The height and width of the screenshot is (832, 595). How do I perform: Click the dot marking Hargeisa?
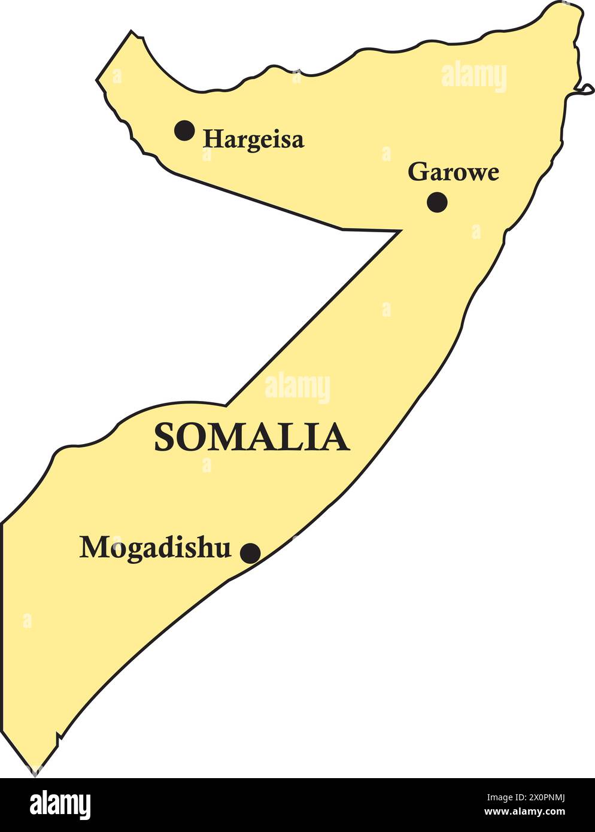point(184,130)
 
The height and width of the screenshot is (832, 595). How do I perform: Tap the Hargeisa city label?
point(253,139)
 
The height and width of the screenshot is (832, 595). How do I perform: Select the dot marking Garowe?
point(437,202)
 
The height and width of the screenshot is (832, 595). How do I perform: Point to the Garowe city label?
point(453,172)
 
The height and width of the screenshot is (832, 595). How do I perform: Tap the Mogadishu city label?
point(155,548)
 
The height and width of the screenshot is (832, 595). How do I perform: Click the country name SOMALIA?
point(251,437)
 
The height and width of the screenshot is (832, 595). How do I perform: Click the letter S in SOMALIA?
point(164,437)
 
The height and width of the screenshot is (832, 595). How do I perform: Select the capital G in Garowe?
point(417,172)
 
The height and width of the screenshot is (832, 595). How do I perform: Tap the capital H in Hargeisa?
point(212,139)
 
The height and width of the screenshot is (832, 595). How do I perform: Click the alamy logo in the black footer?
point(60,805)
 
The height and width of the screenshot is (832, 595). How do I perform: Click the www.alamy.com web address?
point(524,812)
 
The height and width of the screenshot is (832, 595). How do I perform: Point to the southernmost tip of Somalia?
point(35,773)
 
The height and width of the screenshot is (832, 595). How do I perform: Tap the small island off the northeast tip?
point(585,89)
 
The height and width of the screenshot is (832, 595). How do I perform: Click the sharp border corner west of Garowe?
point(399,230)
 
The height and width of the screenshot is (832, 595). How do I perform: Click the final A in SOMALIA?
point(337,437)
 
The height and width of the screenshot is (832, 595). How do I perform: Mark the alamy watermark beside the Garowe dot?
point(476,232)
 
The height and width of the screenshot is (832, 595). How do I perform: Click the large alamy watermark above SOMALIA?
point(297,388)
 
